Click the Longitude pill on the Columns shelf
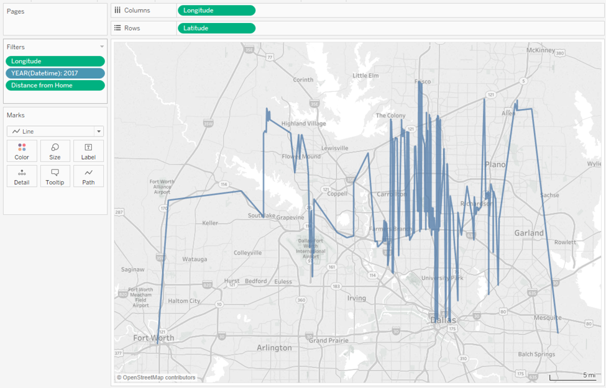coord(216,11)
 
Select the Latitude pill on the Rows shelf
coord(216,28)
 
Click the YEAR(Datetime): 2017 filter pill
coord(55,73)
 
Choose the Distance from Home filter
coord(55,86)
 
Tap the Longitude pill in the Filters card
coord(55,61)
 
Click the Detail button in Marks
coord(22,176)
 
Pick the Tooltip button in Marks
coord(55,176)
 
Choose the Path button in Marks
coord(88,176)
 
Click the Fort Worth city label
coord(154,338)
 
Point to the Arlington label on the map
coord(274,348)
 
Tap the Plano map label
coord(495,165)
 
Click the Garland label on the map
coord(528,233)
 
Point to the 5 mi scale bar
coord(572,376)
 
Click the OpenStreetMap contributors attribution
coord(156,377)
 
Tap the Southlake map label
coord(261,216)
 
